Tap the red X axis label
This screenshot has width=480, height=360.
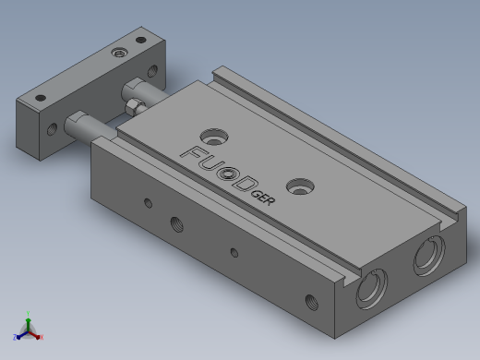click(x=42, y=337)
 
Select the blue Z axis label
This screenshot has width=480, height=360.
click(x=15, y=337)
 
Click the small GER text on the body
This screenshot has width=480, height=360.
click(x=263, y=198)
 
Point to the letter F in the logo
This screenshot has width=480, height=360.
click(x=192, y=153)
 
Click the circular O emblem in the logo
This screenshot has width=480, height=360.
click(x=228, y=174)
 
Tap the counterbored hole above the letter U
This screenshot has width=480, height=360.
click(x=214, y=137)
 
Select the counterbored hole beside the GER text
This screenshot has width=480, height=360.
click(x=300, y=186)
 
